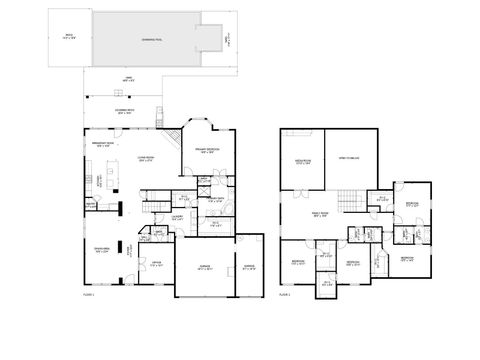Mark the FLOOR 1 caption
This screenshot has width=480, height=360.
pos(89,295)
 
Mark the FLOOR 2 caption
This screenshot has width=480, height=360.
pos(286,295)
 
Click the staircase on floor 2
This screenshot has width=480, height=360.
pos(349,203)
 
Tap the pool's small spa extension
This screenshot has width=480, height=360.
pos(208,39)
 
